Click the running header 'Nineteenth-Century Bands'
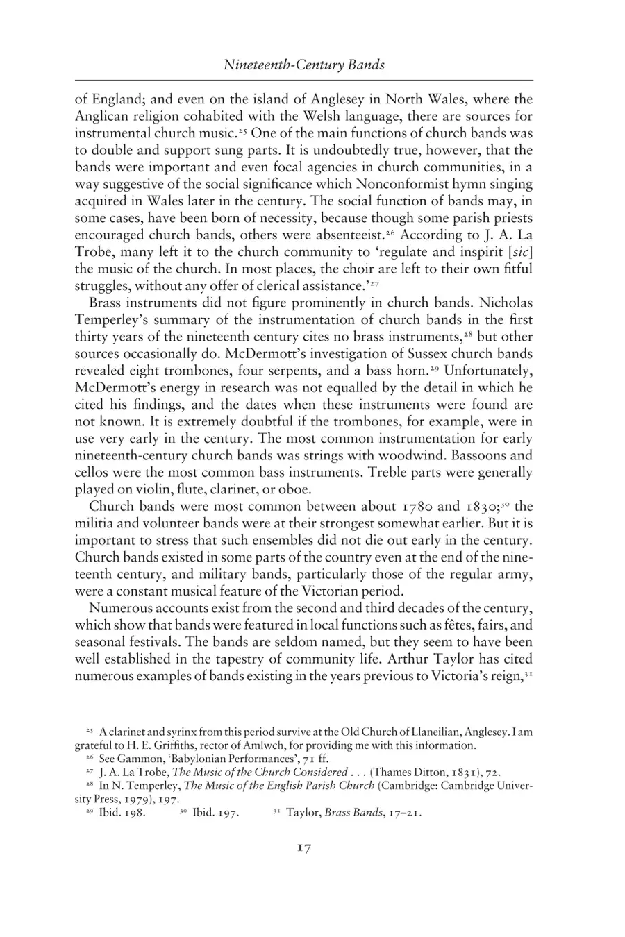[x=303, y=65]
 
